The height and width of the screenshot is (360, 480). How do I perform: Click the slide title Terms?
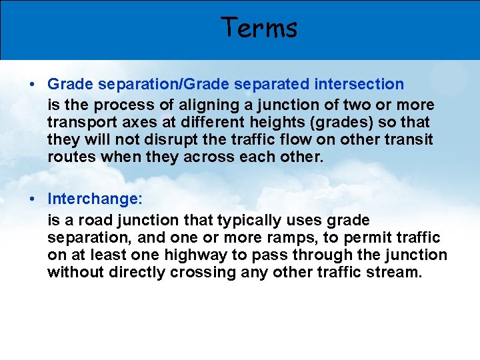(259, 28)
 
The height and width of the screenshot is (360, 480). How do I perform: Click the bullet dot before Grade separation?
(32, 85)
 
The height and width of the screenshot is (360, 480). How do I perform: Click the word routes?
(68, 157)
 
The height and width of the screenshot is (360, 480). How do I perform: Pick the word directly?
(138, 272)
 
